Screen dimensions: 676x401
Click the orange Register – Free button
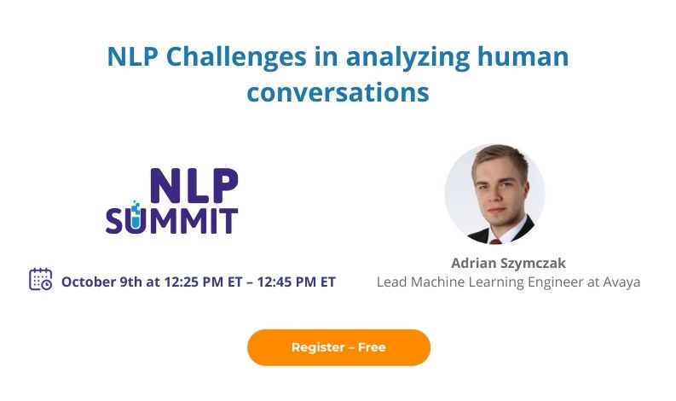click(x=338, y=347)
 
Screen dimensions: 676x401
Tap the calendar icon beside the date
click(x=41, y=279)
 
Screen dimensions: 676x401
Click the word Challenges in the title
click(x=236, y=57)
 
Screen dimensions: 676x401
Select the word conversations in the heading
click(x=338, y=92)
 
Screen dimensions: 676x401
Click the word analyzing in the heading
click(x=407, y=57)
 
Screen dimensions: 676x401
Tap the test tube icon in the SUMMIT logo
click(x=136, y=216)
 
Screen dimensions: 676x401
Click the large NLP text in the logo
click(x=194, y=186)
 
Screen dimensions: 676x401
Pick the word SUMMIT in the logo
click(x=171, y=221)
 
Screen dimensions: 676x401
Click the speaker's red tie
click(x=496, y=241)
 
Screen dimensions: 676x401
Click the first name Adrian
click(x=473, y=263)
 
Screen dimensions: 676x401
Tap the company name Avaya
click(x=621, y=282)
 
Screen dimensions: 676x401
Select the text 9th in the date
click(x=130, y=282)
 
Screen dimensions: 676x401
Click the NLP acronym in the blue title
click(x=132, y=56)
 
